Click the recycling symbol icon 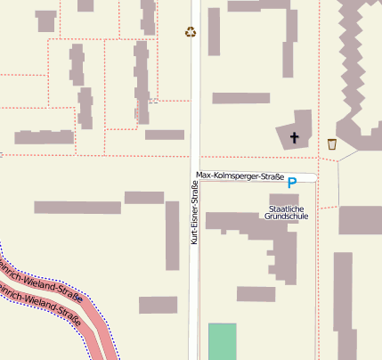191,32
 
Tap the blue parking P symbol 292,184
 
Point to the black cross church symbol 295,138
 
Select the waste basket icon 332,144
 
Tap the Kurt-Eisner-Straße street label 194,212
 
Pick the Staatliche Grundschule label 287,212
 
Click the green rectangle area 223,341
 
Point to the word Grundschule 287,217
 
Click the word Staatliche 287,209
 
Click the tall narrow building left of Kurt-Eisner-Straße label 173,235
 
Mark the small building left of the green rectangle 158,305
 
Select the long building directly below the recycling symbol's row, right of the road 240,98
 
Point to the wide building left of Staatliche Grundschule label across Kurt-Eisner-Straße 77,208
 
